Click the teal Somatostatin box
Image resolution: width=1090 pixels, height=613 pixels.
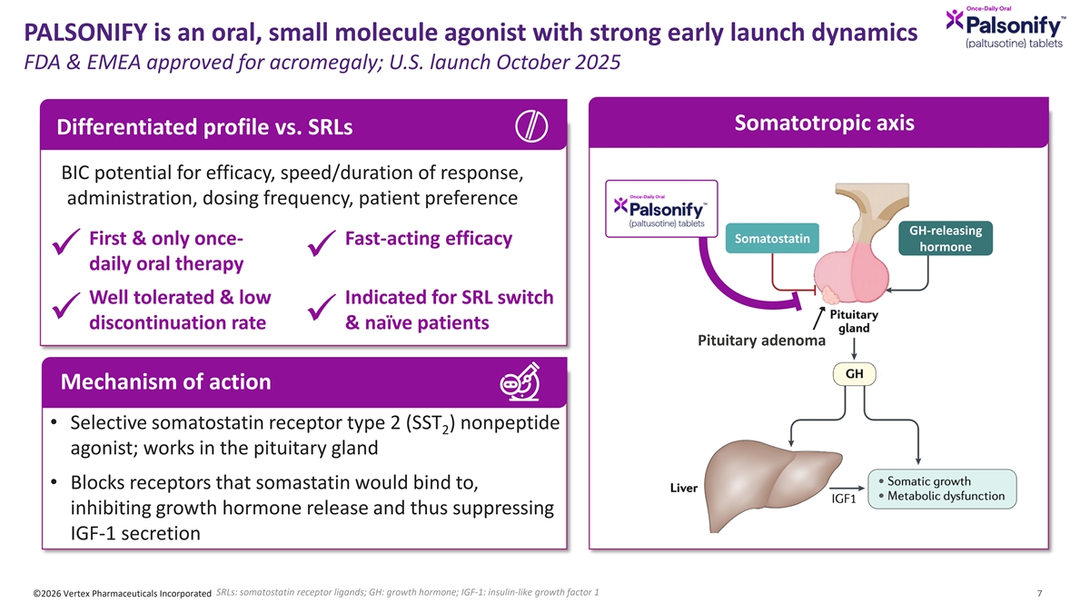(x=772, y=238)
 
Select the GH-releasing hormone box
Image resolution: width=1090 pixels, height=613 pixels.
(x=946, y=238)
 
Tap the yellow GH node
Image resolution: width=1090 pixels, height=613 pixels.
(x=855, y=374)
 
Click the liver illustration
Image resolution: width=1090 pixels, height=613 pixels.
(x=773, y=485)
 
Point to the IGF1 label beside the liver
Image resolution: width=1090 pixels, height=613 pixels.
(x=844, y=499)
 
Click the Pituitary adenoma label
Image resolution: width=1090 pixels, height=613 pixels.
(x=761, y=340)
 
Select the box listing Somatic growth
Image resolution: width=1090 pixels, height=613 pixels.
(x=942, y=489)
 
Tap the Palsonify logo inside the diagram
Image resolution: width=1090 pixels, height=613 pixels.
(x=661, y=209)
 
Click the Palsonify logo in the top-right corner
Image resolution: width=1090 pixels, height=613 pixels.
(x=1006, y=27)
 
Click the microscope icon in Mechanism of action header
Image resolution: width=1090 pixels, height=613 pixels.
(x=520, y=382)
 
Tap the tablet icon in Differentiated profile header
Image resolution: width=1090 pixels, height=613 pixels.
(x=531, y=126)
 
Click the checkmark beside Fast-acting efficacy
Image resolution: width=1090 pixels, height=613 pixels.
(x=322, y=242)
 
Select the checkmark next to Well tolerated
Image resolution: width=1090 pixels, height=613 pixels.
(x=65, y=305)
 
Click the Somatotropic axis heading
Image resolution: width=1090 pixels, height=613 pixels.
(x=825, y=124)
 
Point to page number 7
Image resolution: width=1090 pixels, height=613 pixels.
(x=1039, y=593)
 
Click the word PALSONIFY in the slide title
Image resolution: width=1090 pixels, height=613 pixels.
(x=85, y=33)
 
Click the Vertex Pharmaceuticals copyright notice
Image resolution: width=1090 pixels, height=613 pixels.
(x=122, y=594)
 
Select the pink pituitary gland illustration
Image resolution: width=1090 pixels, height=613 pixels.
(x=852, y=273)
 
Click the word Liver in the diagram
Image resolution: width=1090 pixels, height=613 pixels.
(x=684, y=488)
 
